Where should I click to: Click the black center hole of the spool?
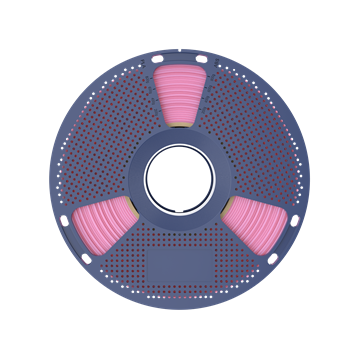coord(180,178)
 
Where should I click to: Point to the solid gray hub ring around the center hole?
coord(180,141)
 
